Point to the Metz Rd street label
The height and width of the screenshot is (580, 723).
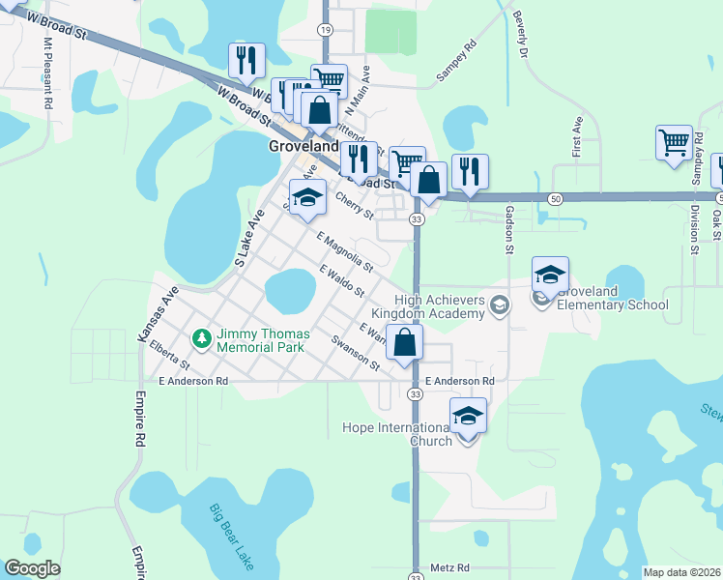pyautogui.click(x=449, y=567)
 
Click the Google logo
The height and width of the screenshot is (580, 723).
pyautogui.click(x=32, y=568)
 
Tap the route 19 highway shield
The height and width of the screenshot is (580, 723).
pyautogui.click(x=326, y=31)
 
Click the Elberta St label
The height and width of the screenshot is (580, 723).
pyautogui.click(x=170, y=359)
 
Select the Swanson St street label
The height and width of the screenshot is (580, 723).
pyautogui.click(x=355, y=353)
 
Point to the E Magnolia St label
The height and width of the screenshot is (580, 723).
pyautogui.click(x=344, y=251)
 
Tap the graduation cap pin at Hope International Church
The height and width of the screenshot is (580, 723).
pyautogui.click(x=468, y=416)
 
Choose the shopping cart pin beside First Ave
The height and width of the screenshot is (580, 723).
pyautogui.click(x=674, y=142)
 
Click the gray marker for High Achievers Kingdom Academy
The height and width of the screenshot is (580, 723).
pyautogui.click(x=499, y=306)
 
